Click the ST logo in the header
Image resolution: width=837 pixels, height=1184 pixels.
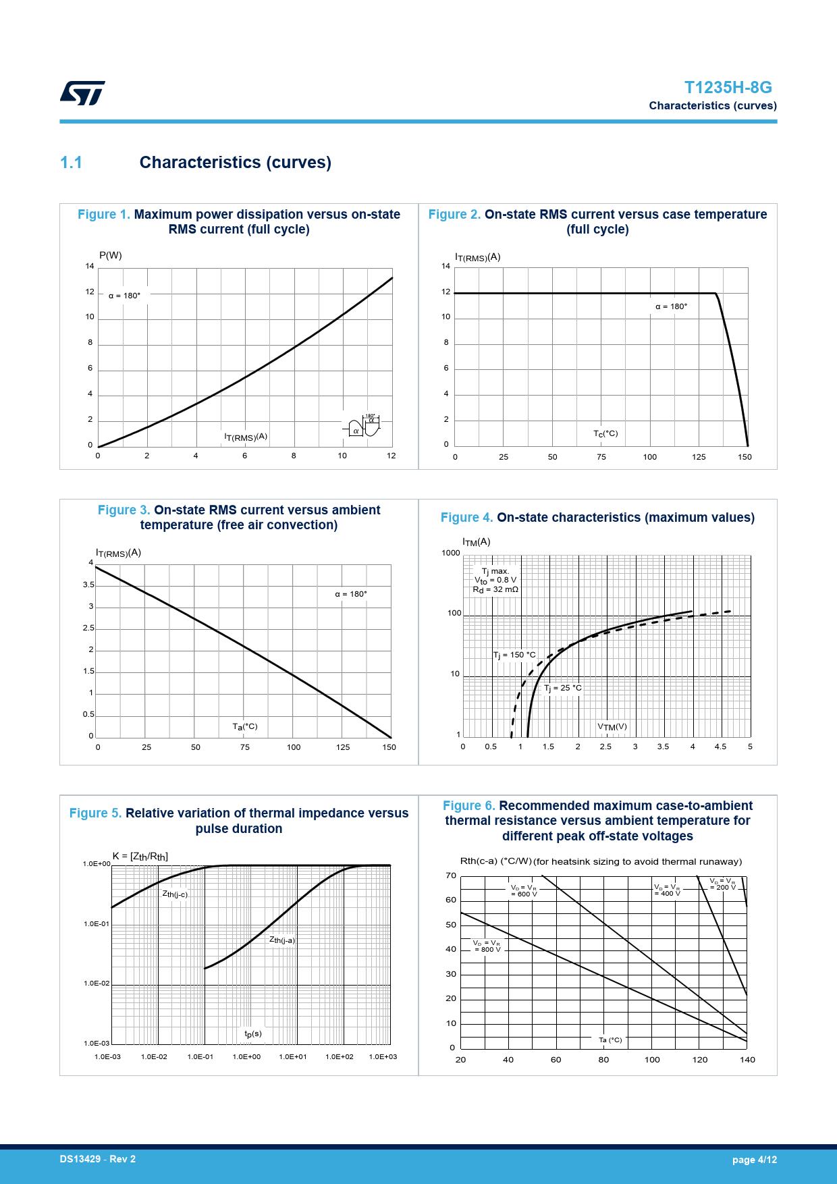82,93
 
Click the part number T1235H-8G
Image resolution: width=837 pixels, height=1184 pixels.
728,88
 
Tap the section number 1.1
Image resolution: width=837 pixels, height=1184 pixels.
71,163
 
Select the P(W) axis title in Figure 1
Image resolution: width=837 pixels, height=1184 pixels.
111,255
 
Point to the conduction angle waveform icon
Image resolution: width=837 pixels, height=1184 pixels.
362,426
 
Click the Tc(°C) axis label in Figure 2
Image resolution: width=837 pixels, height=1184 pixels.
605,433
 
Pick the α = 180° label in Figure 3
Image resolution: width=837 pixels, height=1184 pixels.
351,594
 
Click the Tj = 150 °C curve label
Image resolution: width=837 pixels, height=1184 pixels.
514,655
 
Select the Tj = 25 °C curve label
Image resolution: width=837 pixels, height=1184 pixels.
563,688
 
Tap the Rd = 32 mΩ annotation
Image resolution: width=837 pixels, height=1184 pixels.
495,589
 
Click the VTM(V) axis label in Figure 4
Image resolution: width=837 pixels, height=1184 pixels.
612,727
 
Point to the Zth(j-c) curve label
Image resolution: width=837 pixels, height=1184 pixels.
175,894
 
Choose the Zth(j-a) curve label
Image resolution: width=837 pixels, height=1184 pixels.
282,940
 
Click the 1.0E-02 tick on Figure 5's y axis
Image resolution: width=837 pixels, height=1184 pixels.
97,984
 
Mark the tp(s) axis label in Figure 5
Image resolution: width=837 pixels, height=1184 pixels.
253,1034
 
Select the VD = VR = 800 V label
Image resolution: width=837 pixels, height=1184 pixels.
487,946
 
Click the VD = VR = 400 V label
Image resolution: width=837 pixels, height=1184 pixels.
667,890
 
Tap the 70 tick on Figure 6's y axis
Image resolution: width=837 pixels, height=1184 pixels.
451,876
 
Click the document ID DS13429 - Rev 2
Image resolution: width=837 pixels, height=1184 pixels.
98,1159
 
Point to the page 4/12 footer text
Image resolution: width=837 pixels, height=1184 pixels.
754,1160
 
